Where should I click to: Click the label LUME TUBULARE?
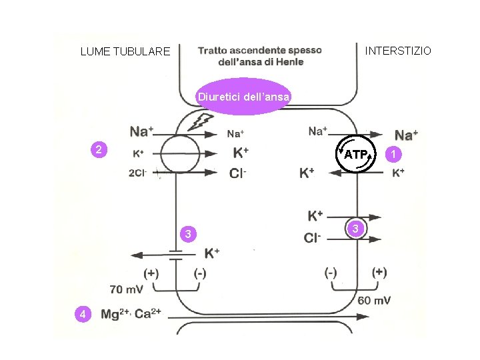click(125, 51)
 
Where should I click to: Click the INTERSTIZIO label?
click(398, 51)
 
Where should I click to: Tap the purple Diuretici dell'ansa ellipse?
click(243, 97)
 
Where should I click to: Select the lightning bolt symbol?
click(202, 121)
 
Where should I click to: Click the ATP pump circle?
click(356, 155)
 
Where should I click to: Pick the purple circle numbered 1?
click(395, 154)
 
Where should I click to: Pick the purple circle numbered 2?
click(99, 150)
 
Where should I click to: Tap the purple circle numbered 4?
click(81, 314)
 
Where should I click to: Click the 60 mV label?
click(374, 300)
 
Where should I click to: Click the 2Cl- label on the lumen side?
click(139, 173)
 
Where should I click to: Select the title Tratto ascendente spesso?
click(260, 51)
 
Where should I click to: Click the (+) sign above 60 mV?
click(379, 272)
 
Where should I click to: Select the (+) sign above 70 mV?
click(152, 273)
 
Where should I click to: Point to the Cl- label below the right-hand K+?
click(313, 238)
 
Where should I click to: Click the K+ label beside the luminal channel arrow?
click(212, 253)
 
